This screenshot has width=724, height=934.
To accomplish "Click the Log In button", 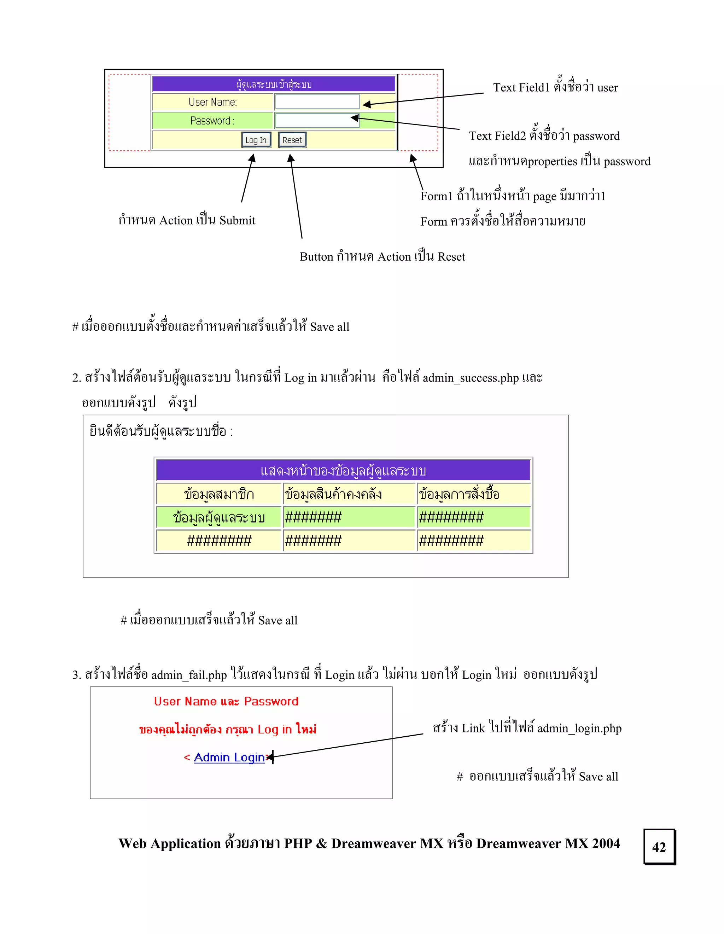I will point(256,140).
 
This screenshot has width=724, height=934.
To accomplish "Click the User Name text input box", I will point(317,102).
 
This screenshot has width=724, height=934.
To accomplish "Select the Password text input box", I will point(317,121).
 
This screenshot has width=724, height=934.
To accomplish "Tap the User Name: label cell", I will point(212,102).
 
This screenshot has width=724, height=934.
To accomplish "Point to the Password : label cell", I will point(212,121).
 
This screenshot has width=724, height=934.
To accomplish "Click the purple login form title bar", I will point(274,84).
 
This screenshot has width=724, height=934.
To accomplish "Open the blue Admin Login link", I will point(229,757).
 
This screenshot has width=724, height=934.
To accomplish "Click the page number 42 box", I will point(659,847).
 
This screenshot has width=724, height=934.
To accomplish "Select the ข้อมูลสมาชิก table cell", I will point(219,494).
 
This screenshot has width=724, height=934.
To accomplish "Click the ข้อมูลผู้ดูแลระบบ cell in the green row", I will point(219,517).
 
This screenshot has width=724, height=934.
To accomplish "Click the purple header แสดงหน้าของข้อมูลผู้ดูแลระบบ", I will point(343,470).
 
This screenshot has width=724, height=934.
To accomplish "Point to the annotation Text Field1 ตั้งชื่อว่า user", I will point(555,87).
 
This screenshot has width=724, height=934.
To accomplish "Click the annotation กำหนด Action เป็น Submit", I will point(187,220).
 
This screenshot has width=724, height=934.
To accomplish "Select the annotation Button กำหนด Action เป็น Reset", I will point(382,257).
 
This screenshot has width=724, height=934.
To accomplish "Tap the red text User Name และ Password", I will point(226,701).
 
